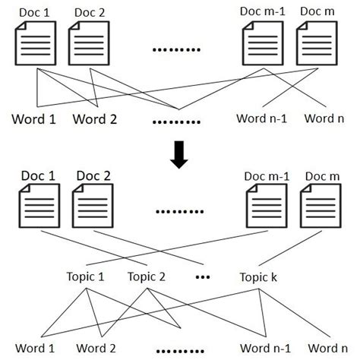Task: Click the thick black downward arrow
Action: pos(179,153)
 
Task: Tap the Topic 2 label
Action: pos(147,276)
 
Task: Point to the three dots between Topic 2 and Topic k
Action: pos(203,276)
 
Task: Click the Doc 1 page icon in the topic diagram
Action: pos(36,208)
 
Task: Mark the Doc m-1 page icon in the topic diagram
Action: pos(263,208)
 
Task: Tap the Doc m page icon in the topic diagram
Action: pos(317,208)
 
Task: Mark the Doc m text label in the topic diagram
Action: pos(319,176)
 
